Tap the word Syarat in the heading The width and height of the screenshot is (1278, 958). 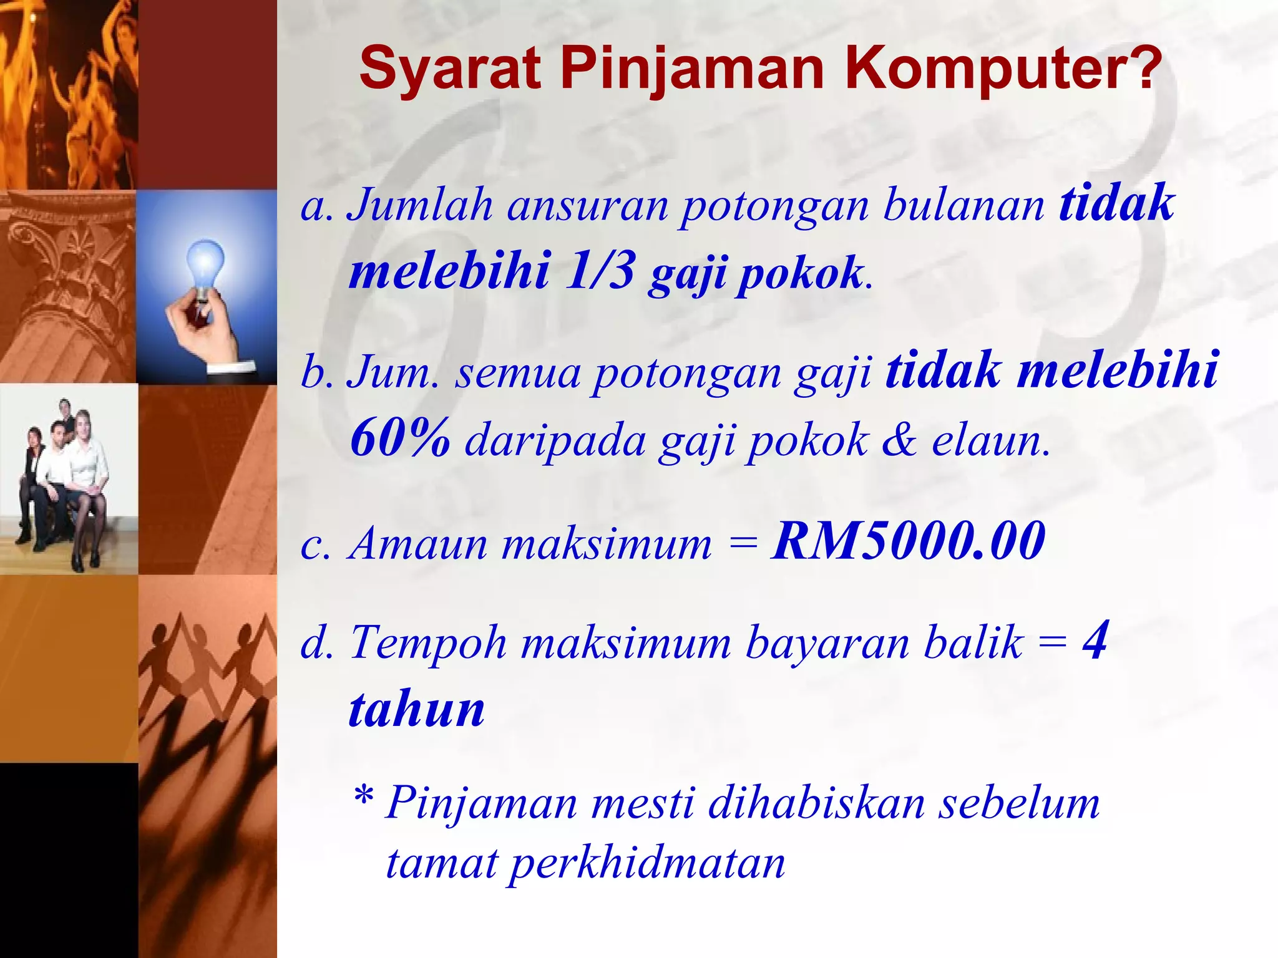pyautogui.click(x=449, y=69)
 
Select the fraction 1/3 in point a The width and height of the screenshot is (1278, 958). pyautogui.click(x=600, y=271)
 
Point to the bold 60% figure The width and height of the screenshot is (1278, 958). pyautogui.click(x=400, y=437)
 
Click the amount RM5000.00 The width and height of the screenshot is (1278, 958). pyautogui.click(x=908, y=540)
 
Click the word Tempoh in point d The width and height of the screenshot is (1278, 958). pyautogui.click(x=428, y=642)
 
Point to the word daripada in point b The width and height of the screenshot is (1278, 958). pyautogui.click(x=555, y=440)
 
